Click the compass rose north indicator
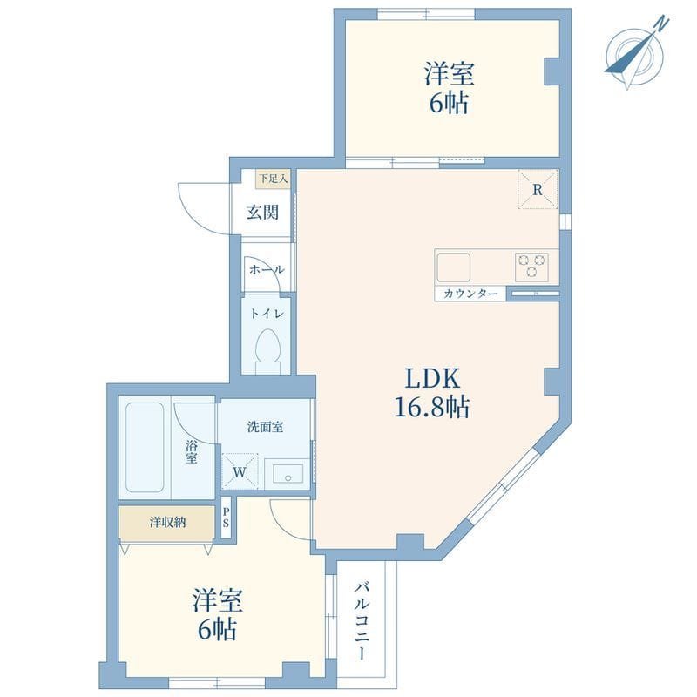636,53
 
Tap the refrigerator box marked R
538,189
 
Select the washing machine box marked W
240,471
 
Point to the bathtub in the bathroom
145,447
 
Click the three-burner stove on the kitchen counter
531,267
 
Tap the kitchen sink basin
453,267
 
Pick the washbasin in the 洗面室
288,474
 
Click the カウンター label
470,294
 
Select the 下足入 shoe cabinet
274,179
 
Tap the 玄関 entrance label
263,212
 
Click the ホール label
267,269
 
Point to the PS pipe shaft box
226,518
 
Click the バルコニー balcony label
362,621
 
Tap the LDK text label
432,379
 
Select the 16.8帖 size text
432,406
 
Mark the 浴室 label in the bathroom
192,452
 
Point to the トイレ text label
267,314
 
